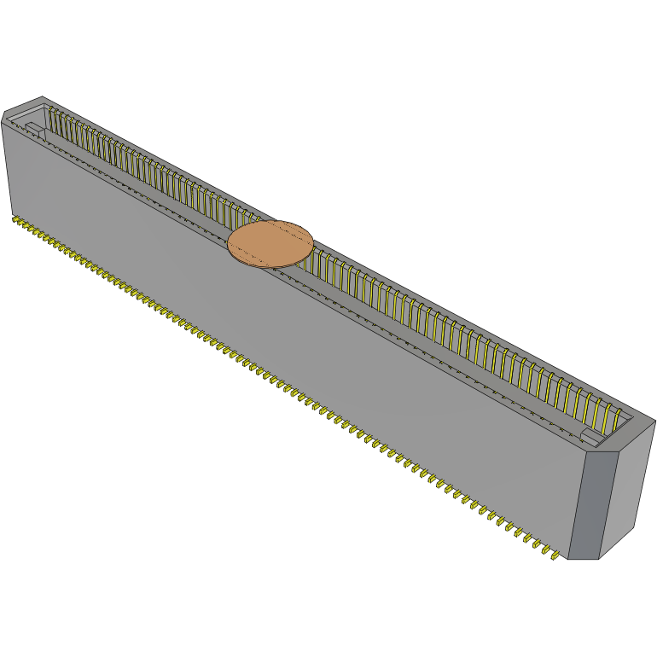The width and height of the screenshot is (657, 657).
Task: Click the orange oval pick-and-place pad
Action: [270, 244]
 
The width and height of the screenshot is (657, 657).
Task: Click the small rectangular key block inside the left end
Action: [33, 130]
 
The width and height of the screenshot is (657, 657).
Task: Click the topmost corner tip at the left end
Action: [41, 97]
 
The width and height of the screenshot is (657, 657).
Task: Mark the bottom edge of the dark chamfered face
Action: [583, 559]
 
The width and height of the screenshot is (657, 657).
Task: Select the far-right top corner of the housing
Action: [654, 421]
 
